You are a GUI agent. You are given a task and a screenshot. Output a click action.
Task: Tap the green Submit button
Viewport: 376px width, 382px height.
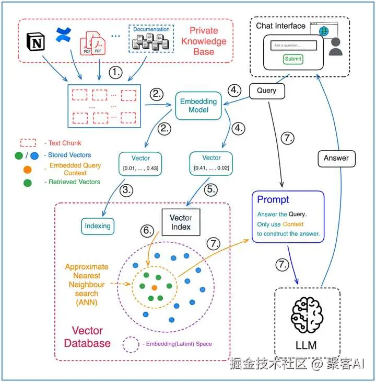pos(293,59)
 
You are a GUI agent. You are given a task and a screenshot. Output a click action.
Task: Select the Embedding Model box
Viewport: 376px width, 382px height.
pos(195,105)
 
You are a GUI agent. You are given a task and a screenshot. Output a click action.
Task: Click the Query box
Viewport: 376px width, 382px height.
pos(266,91)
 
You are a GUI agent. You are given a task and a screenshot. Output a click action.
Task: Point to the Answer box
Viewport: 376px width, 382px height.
pos(336,158)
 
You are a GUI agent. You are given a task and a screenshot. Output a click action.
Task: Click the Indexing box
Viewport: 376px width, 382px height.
pos(98,226)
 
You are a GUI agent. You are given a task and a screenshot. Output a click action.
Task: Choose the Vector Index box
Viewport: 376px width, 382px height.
pos(181,222)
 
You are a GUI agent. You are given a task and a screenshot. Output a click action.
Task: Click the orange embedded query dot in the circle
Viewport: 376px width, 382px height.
pos(154,288)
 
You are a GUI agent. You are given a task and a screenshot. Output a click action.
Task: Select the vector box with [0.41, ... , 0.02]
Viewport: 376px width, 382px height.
pos(211,163)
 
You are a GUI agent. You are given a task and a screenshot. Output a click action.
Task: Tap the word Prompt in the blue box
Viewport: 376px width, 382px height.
pos(273,199)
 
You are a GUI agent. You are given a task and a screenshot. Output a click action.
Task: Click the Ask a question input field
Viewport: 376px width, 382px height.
pos(293,46)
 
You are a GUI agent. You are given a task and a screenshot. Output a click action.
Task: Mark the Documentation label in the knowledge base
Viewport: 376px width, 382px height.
pos(151,29)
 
